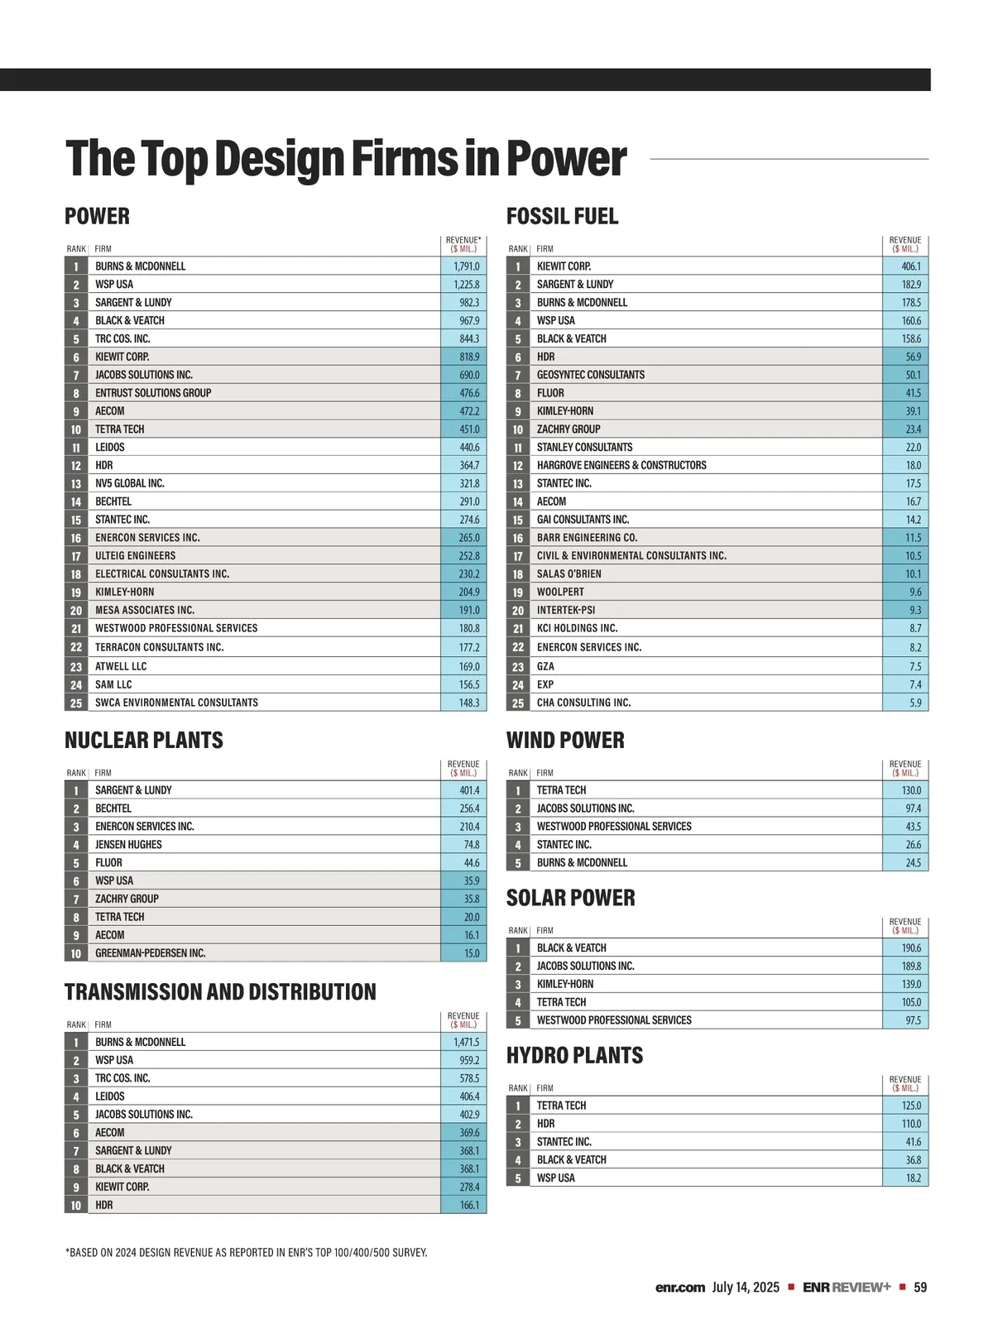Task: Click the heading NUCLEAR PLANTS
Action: coord(144,740)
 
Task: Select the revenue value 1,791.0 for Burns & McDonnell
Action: coord(466,266)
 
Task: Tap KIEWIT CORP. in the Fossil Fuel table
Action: coord(564,266)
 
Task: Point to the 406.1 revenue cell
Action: coord(910,266)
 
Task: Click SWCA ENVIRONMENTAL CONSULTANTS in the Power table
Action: coord(176,703)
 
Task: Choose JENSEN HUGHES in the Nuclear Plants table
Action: coord(128,845)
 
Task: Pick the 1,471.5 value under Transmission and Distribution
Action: coord(466,1043)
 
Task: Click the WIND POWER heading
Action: coord(565,740)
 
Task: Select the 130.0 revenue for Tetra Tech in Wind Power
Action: coord(911,790)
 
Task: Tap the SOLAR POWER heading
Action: coord(570,898)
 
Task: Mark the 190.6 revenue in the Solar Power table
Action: coord(911,948)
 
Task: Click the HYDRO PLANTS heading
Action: coord(574,1055)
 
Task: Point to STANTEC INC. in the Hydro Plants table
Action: coord(564,1142)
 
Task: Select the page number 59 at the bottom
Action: coord(920,1288)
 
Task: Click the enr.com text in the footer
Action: coord(680,1288)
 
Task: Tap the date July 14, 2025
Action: coord(746,1288)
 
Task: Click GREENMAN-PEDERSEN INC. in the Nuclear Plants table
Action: coord(150,953)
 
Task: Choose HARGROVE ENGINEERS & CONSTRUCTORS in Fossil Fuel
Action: coord(621,465)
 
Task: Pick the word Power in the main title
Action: coord(567,159)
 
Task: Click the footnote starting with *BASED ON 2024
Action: coord(247,1253)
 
